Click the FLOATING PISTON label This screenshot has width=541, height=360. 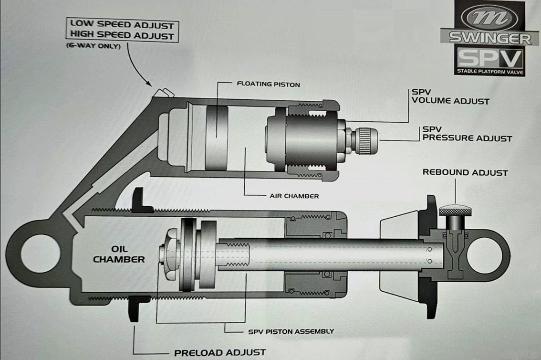click(x=268, y=85)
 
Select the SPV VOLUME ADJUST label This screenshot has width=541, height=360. click(x=450, y=97)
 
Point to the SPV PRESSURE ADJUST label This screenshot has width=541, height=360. click(x=467, y=134)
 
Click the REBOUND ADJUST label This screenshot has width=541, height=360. click(x=465, y=172)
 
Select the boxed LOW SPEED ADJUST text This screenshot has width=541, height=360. click(x=122, y=24)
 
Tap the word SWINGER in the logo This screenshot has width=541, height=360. click(x=489, y=38)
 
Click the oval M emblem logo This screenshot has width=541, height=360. click(x=490, y=17)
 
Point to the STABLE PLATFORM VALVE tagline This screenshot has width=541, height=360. click(x=489, y=72)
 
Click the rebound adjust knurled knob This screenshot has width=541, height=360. click(x=453, y=211)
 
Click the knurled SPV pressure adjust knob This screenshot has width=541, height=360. click(x=367, y=138)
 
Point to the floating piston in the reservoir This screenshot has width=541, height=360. click(x=217, y=138)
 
